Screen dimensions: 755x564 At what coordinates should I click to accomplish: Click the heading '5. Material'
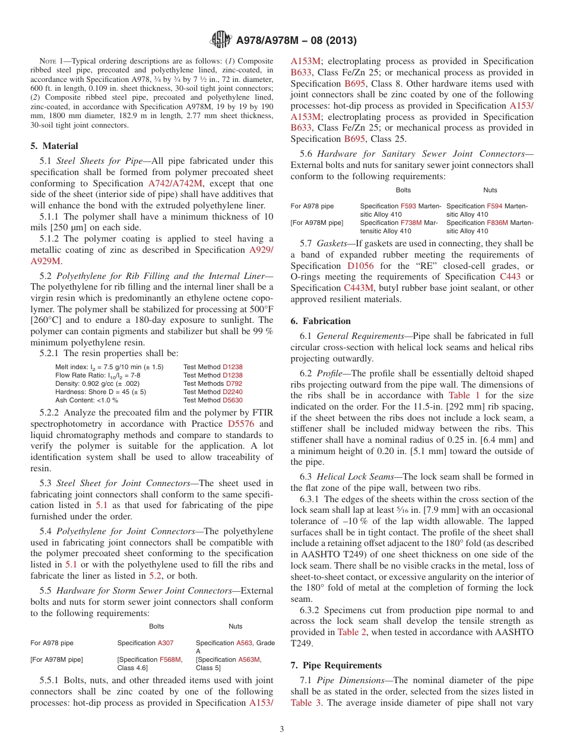coord(54,146)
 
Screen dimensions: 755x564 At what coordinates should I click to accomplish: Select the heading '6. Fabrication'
coord(321,321)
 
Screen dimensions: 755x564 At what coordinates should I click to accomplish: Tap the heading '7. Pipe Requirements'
coord(336,665)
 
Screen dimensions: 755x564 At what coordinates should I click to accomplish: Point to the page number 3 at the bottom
coord(282,729)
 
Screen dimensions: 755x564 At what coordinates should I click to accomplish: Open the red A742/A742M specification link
coord(175,183)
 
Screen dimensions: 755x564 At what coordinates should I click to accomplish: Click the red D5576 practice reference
coord(242,424)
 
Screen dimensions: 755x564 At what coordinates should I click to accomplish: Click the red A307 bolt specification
coord(165,643)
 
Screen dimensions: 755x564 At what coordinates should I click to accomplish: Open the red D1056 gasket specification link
coord(360,266)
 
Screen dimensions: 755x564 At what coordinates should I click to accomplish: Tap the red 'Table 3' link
coord(303,703)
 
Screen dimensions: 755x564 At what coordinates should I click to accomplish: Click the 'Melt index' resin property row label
coord(72,367)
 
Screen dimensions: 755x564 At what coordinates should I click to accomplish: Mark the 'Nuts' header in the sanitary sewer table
coord(490,190)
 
